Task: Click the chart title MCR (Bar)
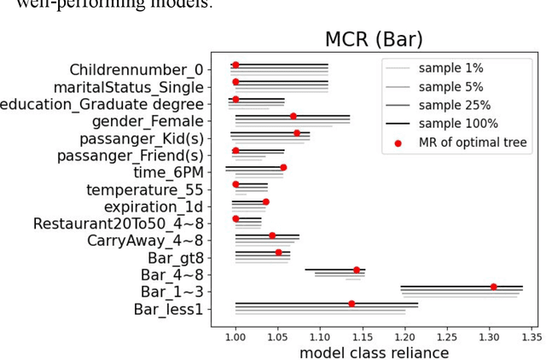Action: (x=374, y=39)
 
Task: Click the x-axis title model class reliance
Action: (x=374, y=352)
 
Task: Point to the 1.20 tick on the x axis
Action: (x=404, y=335)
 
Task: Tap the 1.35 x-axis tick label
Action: (x=531, y=335)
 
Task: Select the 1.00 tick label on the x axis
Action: (x=235, y=335)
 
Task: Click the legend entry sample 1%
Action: (x=450, y=67)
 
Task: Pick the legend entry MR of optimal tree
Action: (x=472, y=142)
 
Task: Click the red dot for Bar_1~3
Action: (x=493, y=287)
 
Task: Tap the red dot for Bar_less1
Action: (x=351, y=304)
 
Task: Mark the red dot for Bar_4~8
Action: (x=357, y=270)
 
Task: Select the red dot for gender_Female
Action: (x=293, y=116)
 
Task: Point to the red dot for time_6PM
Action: (x=283, y=167)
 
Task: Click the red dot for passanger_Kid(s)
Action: (x=297, y=133)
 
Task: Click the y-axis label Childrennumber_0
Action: (x=136, y=69)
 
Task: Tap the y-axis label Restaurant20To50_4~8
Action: (x=119, y=224)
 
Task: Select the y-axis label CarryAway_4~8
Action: (x=145, y=241)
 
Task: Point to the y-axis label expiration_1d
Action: (x=154, y=206)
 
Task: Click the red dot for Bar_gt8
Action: (x=278, y=253)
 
